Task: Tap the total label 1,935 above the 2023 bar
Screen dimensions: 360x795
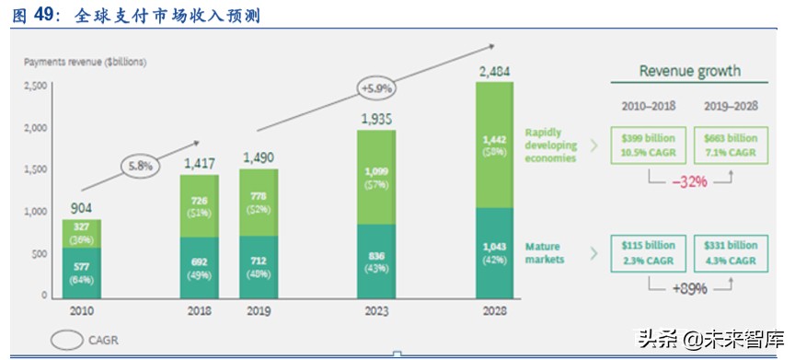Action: (376, 119)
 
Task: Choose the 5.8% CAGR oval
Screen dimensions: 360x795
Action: (140, 167)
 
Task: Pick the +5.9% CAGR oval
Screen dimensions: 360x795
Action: (377, 88)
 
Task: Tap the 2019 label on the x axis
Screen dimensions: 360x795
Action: (259, 312)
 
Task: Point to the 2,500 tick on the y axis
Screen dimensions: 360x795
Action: (36, 86)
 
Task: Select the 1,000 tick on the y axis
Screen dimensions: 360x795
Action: (36, 212)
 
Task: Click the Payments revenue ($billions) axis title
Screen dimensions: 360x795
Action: (85, 62)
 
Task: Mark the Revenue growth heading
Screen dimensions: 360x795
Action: (689, 71)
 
